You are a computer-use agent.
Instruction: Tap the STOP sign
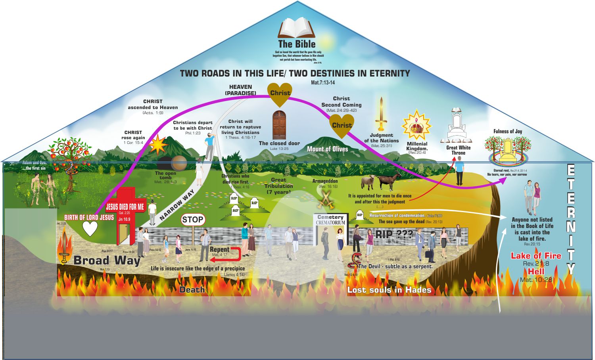tap(193, 220)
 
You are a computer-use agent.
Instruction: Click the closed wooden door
tap(279, 125)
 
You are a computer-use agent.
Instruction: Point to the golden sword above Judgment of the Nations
tap(382, 113)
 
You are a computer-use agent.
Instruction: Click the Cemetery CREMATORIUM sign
tap(330, 220)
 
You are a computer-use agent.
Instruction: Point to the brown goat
tap(389, 181)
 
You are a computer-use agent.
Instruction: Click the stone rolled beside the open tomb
tap(179, 163)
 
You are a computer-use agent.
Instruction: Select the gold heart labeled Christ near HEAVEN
tap(280, 94)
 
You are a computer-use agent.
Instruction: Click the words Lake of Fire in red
tap(536, 256)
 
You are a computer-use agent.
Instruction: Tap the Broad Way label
tap(107, 260)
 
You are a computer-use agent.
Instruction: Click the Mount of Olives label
tap(327, 149)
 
